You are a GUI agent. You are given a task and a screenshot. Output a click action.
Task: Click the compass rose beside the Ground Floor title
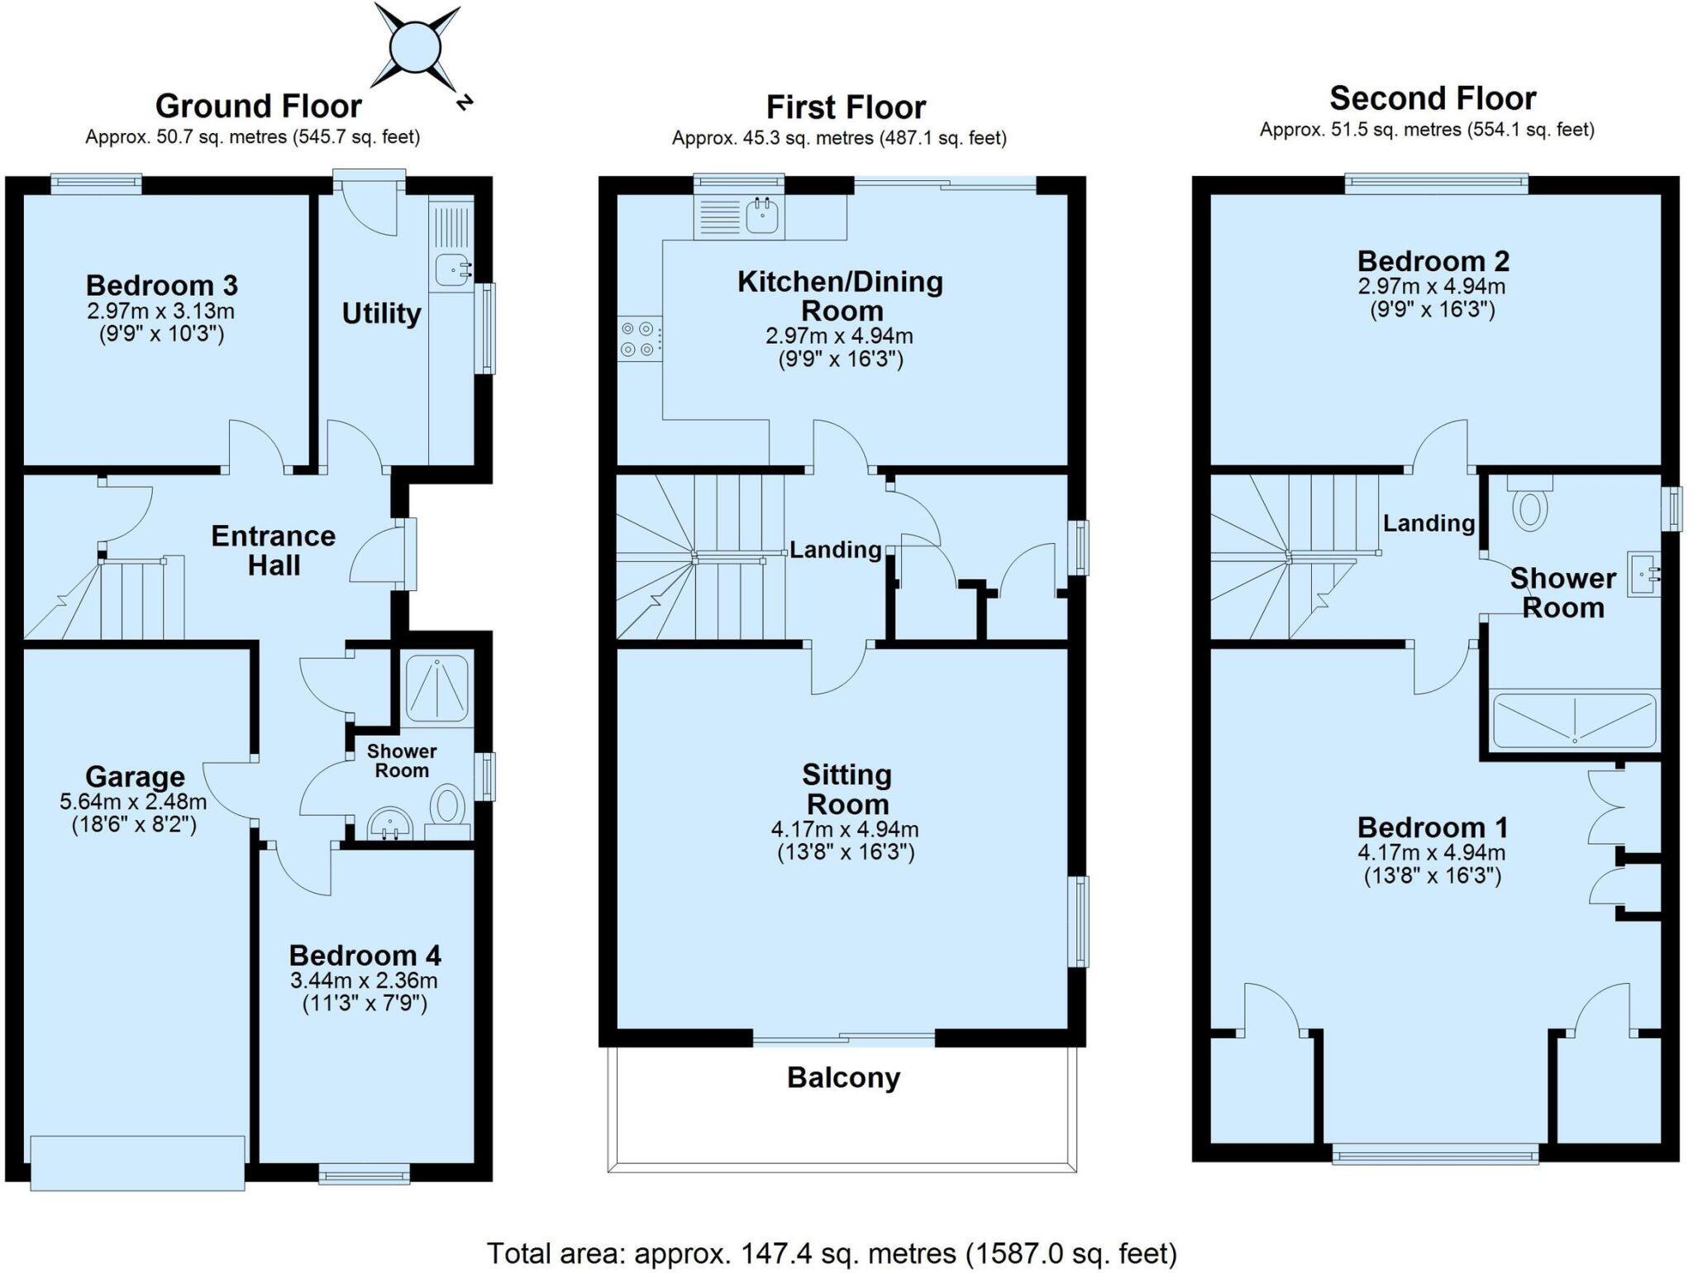(x=416, y=47)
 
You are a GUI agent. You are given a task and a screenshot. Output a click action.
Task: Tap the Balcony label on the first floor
(x=842, y=1078)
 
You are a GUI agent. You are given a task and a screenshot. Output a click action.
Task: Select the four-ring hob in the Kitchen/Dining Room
(x=639, y=339)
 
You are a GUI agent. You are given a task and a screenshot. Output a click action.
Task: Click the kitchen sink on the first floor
(x=761, y=216)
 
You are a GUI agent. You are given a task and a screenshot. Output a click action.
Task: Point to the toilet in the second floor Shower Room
(x=1529, y=507)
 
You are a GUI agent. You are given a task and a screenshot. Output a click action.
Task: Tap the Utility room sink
(x=451, y=269)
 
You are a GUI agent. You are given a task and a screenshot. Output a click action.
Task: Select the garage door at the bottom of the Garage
(x=137, y=1162)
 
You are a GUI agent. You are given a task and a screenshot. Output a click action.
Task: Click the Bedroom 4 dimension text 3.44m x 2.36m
(x=364, y=981)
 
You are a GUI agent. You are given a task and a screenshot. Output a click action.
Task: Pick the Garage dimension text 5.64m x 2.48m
(x=133, y=802)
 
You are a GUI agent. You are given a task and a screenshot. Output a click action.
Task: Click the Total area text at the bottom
(x=831, y=1253)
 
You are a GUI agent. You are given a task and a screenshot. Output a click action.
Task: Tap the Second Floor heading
(x=1432, y=98)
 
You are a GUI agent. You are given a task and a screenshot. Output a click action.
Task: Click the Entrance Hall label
(x=274, y=551)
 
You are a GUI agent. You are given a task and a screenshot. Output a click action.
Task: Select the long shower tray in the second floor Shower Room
(x=1574, y=721)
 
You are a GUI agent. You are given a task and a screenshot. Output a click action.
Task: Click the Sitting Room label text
(x=846, y=789)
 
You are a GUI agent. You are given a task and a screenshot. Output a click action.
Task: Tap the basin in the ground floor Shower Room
(x=389, y=824)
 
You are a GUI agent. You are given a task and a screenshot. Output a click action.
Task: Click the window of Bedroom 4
(x=365, y=1173)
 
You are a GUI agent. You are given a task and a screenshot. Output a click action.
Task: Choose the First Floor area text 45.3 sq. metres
(x=838, y=139)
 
